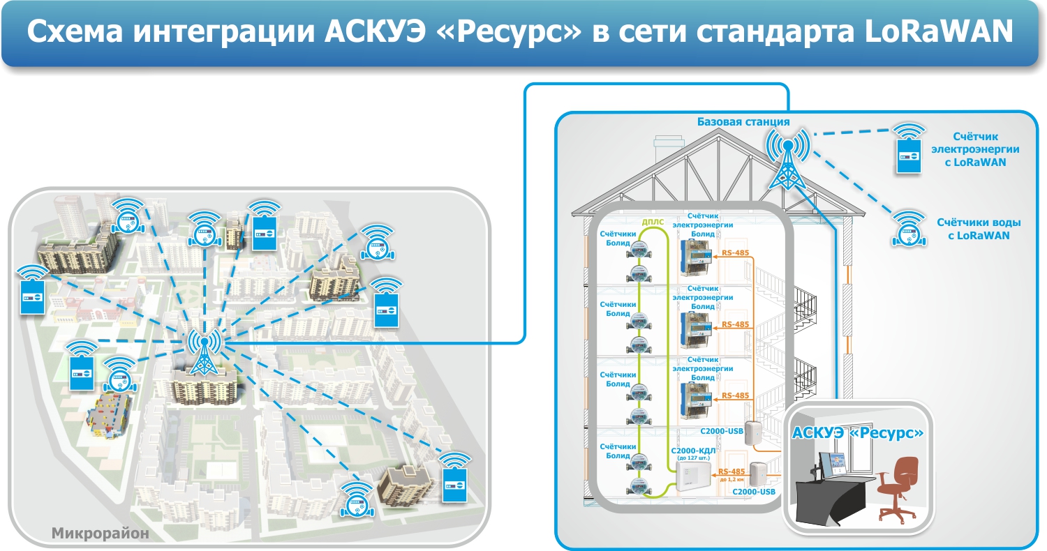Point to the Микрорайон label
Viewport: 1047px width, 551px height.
pos(100,534)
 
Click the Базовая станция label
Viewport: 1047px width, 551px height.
pos(743,122)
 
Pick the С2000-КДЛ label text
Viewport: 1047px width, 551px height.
pos(692,451)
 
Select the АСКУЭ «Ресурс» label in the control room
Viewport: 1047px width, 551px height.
pos(858,433)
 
